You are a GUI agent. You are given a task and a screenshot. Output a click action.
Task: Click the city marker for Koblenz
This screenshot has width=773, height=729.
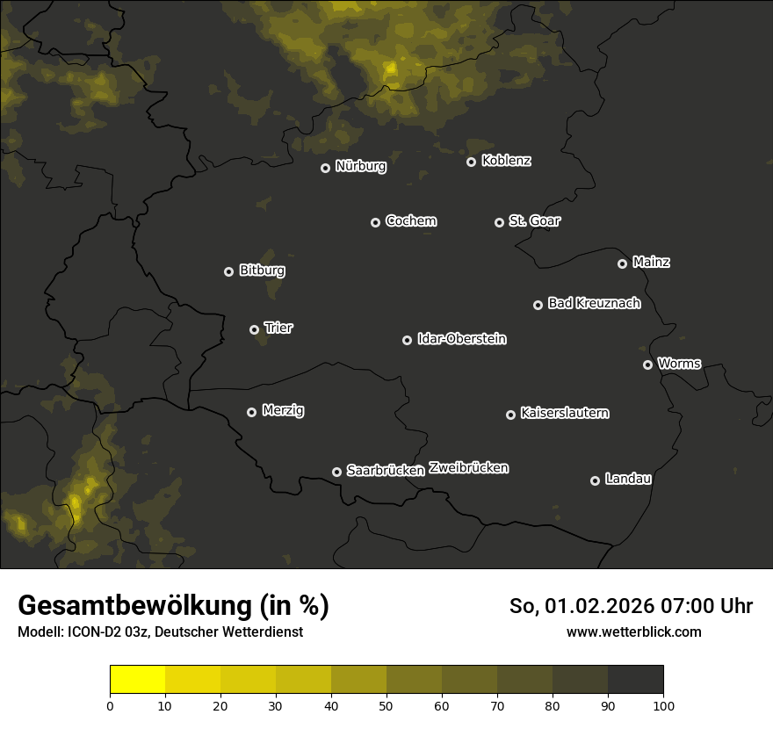click(x=471, y=162)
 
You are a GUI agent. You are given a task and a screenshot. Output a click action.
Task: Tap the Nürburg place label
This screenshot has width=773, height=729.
click(x=360, y=166)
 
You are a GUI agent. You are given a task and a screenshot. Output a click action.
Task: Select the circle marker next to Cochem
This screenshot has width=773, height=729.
click(x=375, y=222)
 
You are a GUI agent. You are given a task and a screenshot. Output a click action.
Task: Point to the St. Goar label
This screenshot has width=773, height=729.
click(x=534, y=220)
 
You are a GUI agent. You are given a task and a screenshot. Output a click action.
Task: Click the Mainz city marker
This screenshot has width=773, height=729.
click(x=622, y=263)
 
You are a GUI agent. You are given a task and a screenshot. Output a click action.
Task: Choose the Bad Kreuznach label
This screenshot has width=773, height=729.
click(x=594, y=303)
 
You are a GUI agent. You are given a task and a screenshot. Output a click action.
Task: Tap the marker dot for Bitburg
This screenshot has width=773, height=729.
click(x=228, y=272)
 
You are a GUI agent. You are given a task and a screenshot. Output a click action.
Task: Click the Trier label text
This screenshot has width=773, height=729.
click(x=278, y=328)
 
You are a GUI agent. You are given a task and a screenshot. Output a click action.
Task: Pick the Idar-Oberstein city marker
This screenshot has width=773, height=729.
click(x=407, y=340)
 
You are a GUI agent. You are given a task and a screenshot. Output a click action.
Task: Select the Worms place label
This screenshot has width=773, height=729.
click(x=679, y=363)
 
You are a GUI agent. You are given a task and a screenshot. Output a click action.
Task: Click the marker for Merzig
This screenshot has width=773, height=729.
click(x=251, y=412)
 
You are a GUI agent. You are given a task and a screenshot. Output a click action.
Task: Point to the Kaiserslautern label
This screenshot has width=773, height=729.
click(x=565, y=413)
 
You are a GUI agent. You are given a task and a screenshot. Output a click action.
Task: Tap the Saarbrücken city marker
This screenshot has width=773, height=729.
click(x=336, y=472)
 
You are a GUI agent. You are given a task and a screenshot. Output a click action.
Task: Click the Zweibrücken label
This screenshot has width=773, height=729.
click(x=468, y=468)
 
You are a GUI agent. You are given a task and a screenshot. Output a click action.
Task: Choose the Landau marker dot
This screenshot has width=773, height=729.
click(x=595, y=480)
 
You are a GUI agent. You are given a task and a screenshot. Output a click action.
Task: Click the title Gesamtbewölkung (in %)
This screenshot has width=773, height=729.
click(x=173, y=606)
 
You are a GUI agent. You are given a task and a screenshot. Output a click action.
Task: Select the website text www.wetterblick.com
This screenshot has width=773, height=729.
click(x=633, y=632)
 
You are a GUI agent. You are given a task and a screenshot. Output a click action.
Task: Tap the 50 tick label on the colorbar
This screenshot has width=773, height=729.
click(x=386, y=704)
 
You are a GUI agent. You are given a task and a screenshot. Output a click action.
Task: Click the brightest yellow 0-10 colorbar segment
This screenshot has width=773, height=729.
click(x=138, y=680)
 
